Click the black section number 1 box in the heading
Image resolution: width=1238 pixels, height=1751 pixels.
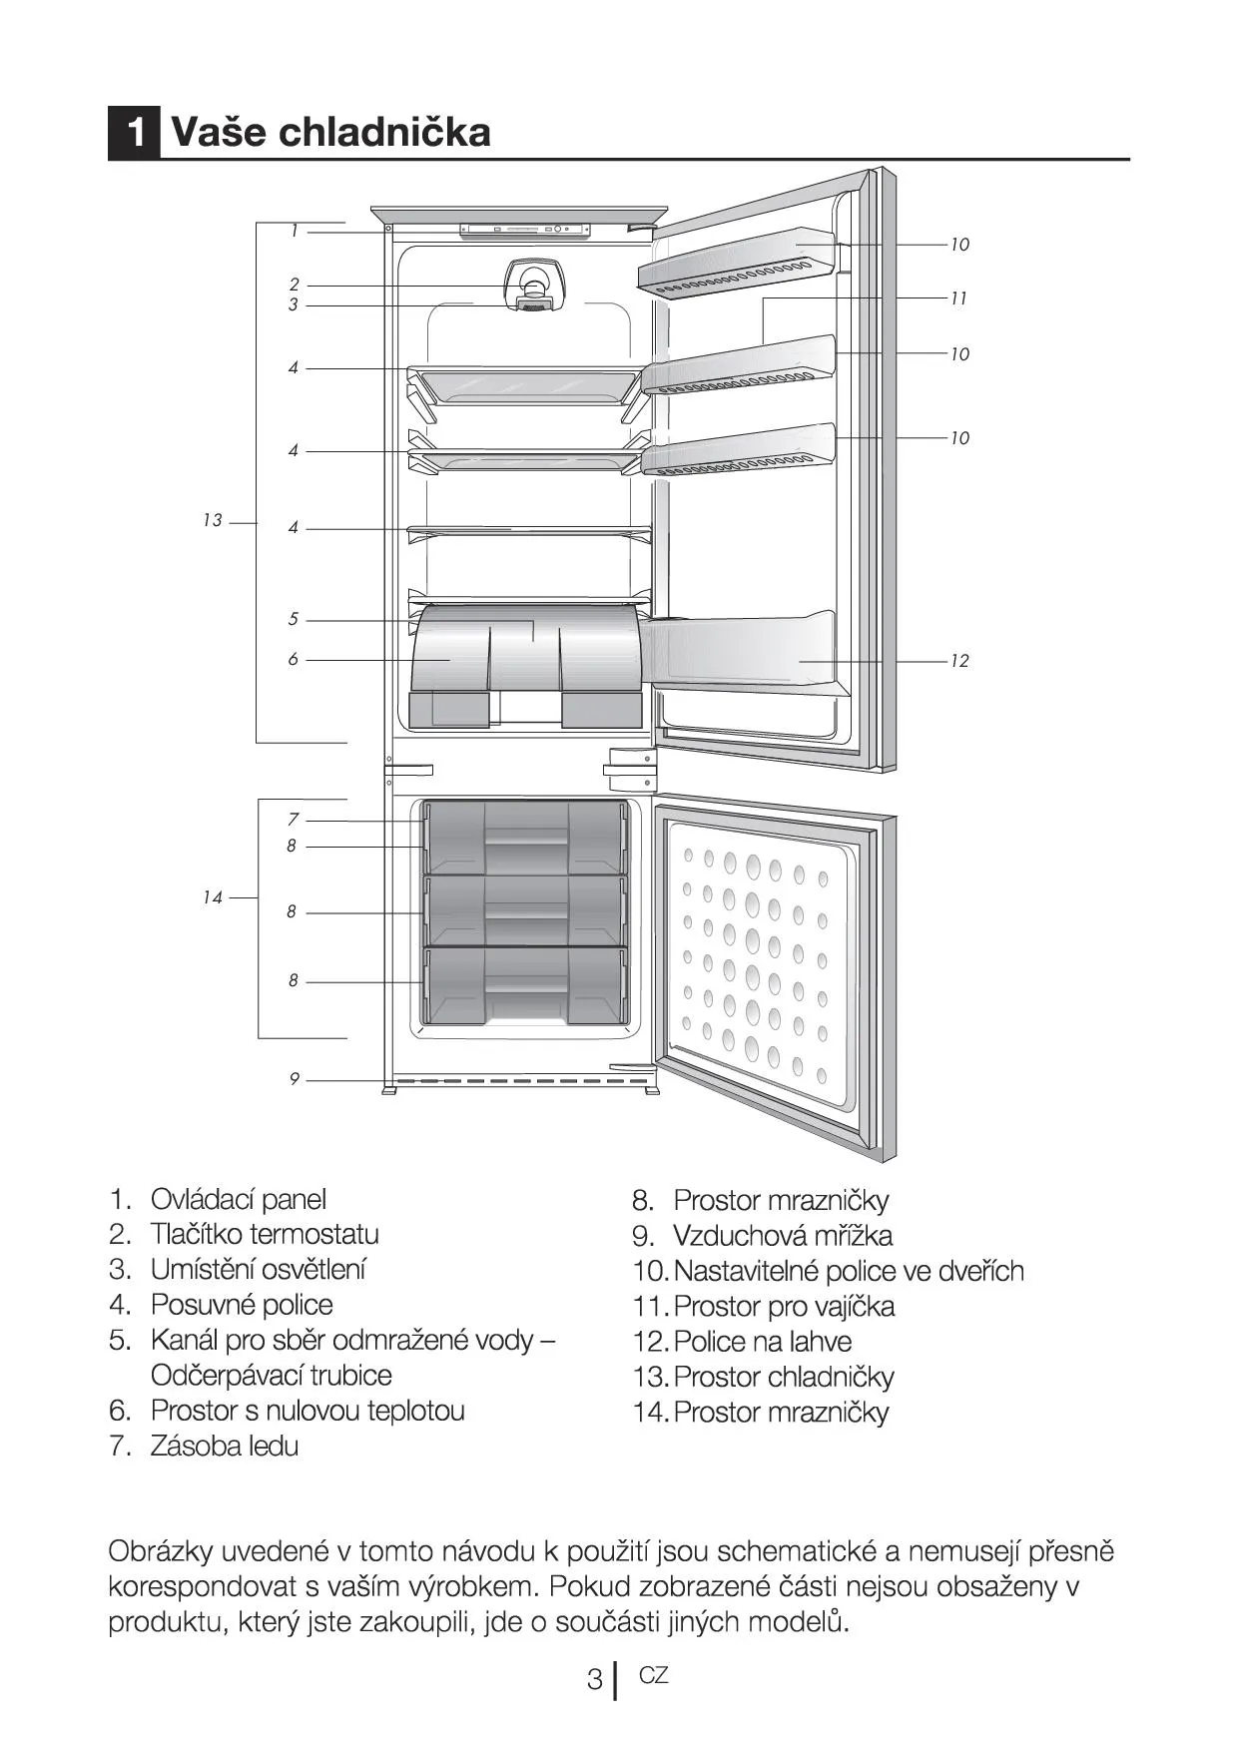point(134,132)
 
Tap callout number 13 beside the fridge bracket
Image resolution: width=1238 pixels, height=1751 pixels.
point(212,520)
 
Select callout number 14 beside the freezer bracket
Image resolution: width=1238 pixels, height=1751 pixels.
point(212,897)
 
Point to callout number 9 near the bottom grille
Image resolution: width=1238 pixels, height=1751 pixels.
point(294,1078)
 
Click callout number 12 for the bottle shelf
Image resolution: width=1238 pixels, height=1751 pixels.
point(959,661)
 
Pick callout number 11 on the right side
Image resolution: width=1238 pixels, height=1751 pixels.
point(958,298)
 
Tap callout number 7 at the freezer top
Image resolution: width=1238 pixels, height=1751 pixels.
point(293,819)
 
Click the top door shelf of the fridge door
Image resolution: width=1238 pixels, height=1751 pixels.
point(737,263)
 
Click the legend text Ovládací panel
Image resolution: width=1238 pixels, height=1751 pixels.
point(239,1199)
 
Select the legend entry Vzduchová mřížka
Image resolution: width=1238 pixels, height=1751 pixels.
point(783,1235)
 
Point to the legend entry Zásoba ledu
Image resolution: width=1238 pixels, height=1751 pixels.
point(225,1446)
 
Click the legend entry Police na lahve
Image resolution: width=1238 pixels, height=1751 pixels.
point(764,1341)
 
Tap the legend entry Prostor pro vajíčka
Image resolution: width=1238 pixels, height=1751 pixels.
point(785,1306)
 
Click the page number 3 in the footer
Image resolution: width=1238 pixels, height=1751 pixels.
point(594,1679)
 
